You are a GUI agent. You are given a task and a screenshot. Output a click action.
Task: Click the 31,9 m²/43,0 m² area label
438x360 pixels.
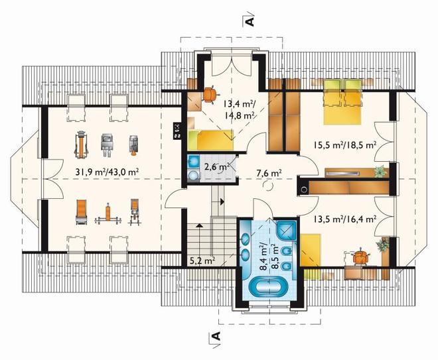[x=108, y=172]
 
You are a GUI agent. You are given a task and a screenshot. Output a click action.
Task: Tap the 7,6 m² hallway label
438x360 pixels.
[x=269, y=173]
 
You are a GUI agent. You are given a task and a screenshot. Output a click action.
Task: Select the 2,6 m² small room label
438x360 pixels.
[x=217, y=167]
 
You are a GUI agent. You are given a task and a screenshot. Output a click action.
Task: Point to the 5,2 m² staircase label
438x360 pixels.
[x=202, y=261]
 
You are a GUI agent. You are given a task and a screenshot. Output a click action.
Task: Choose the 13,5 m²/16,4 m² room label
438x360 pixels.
[x=344, y=219]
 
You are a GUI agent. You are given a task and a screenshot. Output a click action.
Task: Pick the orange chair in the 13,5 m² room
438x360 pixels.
[x=361, y=258]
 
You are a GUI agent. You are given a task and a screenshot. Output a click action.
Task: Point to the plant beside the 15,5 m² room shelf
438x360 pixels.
[x=380, y=171]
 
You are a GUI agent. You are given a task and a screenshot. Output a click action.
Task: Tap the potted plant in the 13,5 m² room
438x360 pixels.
[x=381, y=245]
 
